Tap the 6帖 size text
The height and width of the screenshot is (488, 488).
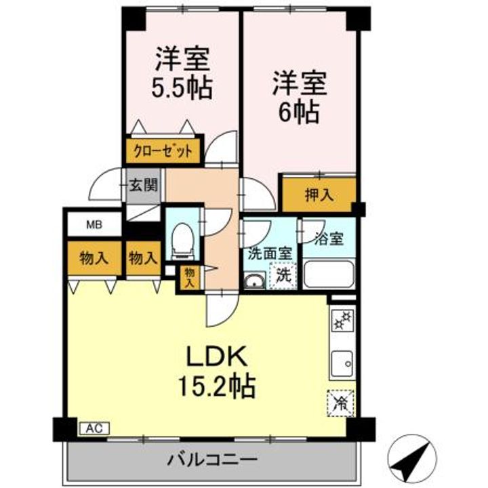click(x=300, y=112)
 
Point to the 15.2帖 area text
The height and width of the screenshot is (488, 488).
click(x=216, y=386)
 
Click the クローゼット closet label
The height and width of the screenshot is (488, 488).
click(x=163, y=151)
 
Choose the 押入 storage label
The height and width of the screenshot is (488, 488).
click(x=318, y=195)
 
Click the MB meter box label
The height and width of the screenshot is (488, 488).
click(x=93, y=224)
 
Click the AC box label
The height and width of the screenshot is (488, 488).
click(x=94, y=428)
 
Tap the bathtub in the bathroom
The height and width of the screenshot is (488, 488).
click(x=328, y=274)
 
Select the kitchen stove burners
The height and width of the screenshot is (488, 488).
click(x=340, y=320)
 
